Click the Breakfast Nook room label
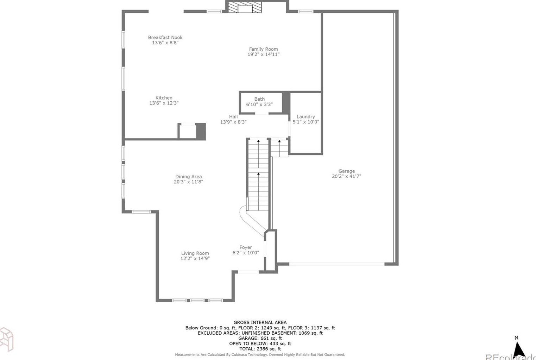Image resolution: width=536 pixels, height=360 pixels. [165, 38]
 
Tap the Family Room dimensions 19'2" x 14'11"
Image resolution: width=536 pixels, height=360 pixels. [264, 54]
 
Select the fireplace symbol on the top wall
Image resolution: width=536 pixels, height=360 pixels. [245, 7]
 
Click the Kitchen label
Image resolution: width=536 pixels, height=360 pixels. [164, 98]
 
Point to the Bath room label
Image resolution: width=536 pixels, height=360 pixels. [259, 99]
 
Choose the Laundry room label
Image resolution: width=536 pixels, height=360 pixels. [305, 117]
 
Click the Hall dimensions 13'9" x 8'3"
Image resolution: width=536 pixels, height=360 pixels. [233, 122]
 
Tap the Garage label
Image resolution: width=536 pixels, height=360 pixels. [347, 171]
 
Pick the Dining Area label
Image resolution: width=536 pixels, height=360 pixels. [188, 177]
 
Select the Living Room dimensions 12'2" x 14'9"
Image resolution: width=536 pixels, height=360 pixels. [195, 258]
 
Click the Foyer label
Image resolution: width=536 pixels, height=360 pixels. [246, 247]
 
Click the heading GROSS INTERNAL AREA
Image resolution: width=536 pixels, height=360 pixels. [260, 322]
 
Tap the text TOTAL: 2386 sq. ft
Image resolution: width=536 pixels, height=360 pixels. [260, 349]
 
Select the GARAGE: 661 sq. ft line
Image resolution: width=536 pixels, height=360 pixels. [260, 338]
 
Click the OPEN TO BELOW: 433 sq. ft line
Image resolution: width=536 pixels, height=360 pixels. [260, 343]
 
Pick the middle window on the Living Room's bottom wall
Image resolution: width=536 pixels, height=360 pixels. [197, 301]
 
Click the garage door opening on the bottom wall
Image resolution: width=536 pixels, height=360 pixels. [337, 264]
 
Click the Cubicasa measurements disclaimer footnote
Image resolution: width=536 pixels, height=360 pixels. [260, 355]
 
